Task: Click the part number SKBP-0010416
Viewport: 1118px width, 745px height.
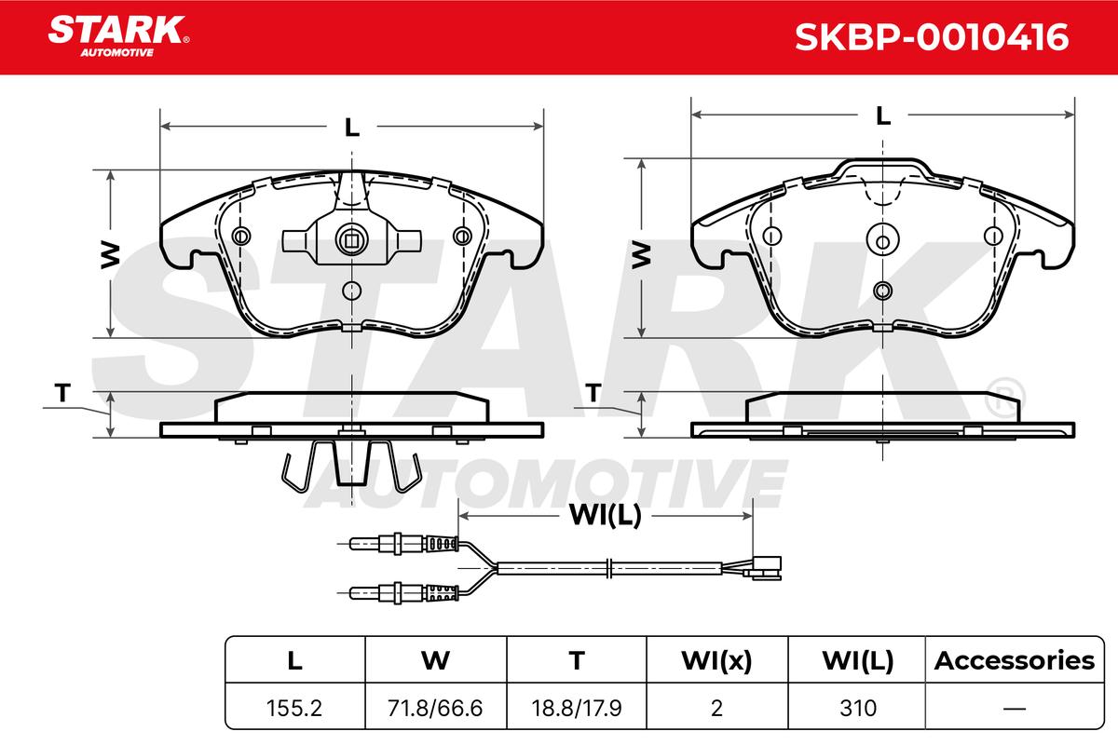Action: [x=932, y=37]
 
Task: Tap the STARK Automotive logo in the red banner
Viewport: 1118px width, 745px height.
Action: [x=118, y=36]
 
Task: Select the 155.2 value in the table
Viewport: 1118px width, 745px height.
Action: [x=294, y=708]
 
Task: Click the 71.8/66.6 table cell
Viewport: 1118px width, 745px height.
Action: [x=435, y=708]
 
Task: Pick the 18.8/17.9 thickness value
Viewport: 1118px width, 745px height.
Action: [x=577, y=708]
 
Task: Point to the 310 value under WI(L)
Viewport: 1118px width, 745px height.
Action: [x=858, y=708]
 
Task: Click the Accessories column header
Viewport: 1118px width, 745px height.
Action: [x=1015, y=660]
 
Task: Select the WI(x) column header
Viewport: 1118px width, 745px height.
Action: [x=716, y=660]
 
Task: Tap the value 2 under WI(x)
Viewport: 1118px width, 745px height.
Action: [x=716, y=708]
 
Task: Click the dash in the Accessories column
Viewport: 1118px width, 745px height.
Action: [x=1015, y=708]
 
